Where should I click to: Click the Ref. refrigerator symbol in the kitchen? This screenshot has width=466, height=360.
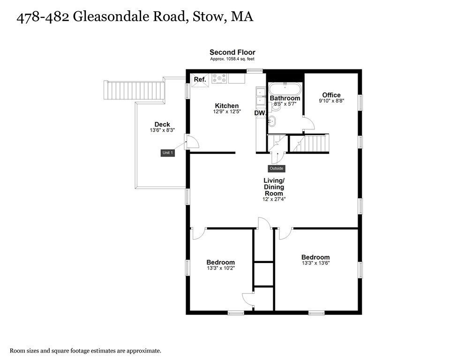point(200,79)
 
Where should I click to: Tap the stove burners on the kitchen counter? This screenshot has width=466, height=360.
point(218,78)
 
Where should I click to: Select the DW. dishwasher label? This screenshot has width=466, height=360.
point(260,113)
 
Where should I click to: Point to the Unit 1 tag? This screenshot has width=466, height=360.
point(168,153)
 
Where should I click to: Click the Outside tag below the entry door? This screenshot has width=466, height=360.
point(277,168)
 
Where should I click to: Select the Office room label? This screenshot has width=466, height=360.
point(331,95)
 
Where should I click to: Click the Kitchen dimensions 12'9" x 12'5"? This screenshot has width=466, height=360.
point(227,112)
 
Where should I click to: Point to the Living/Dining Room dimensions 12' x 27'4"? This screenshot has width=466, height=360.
point(274,199)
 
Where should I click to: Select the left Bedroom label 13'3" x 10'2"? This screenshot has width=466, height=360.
point(220,262)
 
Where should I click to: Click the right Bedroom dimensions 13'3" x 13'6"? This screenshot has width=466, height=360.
point(315,263)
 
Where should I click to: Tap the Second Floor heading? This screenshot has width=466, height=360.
point(232,52)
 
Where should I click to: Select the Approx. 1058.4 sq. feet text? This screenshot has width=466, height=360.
point(232,60)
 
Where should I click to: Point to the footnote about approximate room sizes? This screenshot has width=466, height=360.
point(86,351)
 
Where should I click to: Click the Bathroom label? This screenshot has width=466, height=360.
point(285,98)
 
